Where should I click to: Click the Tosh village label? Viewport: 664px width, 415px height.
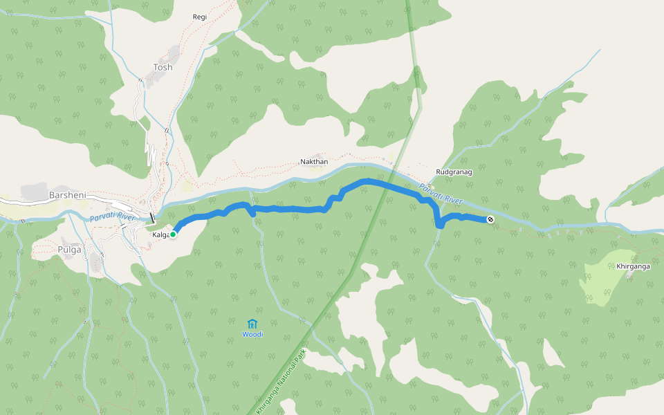[x=163, y=67]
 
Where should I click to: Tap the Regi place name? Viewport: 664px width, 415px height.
[x=200, y=17]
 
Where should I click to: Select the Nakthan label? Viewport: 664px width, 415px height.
[x=313, y=161]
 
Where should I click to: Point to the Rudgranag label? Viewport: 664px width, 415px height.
[x=454, y=172]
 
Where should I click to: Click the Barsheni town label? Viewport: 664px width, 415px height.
[x=67, y=196]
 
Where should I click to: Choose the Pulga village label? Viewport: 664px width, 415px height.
[x=69, y=249]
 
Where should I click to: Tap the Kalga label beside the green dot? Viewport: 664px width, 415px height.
[x=160, y=235]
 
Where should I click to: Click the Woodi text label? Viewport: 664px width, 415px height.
[x=252, y=335]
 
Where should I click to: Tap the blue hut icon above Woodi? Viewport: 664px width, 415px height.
[x=252, y=324]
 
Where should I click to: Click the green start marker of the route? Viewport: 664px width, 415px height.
[x=173, y=234]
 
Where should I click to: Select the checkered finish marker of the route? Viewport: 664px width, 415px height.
[x=490, y=220]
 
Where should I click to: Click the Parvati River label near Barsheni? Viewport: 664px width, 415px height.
[x=111, y=218]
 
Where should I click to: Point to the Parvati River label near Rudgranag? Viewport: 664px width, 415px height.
[x=441, y=193]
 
